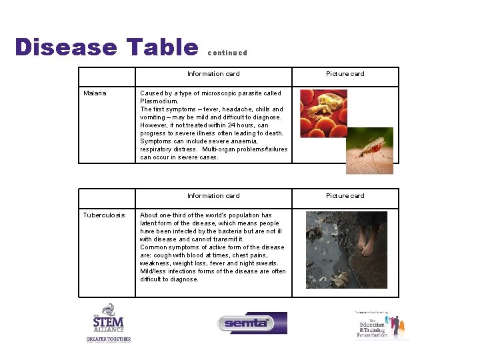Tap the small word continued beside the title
pos(227,53)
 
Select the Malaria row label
pos(95,93)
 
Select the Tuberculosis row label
pos(103,215)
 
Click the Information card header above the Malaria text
pos(213,74)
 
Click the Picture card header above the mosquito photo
pos(345,74)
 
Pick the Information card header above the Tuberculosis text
pos(213,196)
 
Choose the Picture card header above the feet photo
pos(345,196)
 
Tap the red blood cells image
pos(323,113)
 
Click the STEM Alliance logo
pos(108,323)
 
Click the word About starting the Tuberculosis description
pos(149,215)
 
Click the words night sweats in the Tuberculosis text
pos(265,263)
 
